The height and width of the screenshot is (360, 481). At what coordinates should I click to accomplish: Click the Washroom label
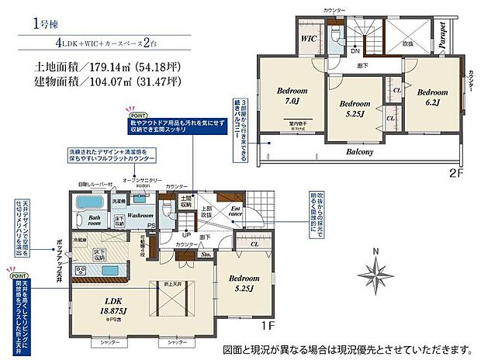tap(139, 215)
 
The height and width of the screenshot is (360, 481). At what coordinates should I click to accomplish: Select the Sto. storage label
tap(206, 253)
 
